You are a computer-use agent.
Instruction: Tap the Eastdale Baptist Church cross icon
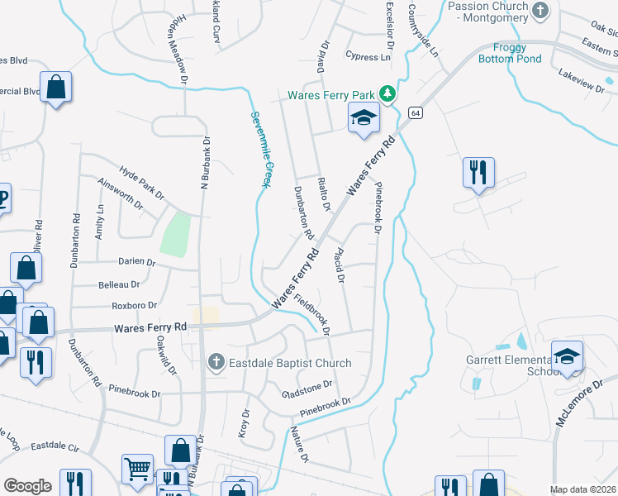tap(216, 362)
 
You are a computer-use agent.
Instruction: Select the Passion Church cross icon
tap(540, 11)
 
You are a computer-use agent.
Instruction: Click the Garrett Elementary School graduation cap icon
tap(567, 356)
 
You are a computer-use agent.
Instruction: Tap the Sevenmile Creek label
tap(261, 149)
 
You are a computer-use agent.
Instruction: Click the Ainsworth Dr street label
tap(121, 194)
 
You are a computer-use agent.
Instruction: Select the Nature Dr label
tap(298, 444)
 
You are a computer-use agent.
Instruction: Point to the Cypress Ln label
tap(368, 57)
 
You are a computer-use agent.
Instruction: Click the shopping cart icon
tap(137, 469)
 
